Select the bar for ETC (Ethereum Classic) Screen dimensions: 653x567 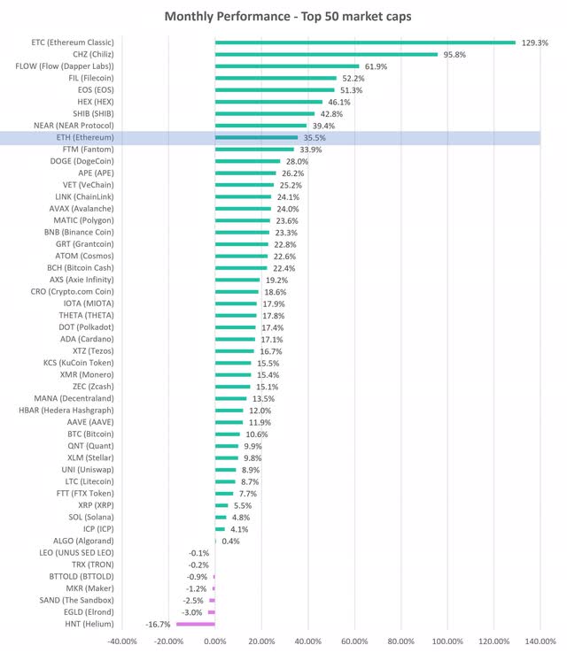365,42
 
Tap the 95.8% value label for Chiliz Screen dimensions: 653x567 455,54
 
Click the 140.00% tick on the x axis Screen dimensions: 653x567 540,641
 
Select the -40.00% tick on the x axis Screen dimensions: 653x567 121,641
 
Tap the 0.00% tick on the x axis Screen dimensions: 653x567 214,641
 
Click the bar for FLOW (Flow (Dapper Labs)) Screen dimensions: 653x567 287,65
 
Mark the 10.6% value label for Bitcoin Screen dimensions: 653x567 257,434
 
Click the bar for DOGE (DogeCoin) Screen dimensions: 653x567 247,161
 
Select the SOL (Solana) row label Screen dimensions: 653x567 91,517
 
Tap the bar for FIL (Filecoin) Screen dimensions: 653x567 276,78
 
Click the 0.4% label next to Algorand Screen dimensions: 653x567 230,541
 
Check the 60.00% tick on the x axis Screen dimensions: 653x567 354,641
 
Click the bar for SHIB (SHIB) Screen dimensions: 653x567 265,113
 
